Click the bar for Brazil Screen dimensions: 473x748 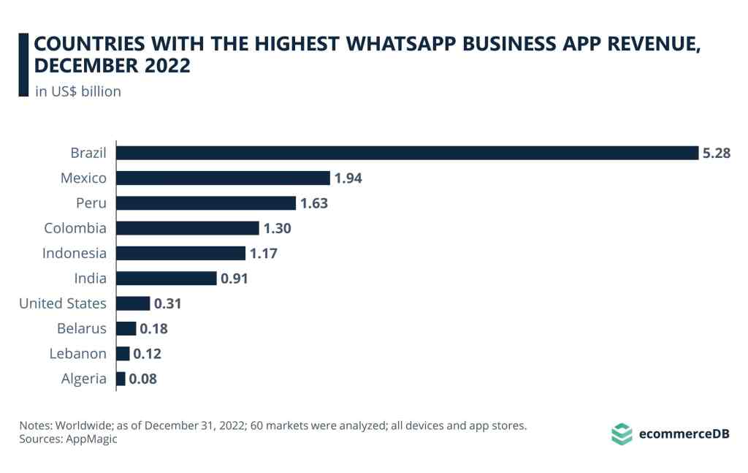coord(407,153)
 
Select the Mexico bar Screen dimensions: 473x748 coord(224,178)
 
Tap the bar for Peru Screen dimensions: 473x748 coord(206,203)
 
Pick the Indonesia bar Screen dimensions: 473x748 coord(181,253)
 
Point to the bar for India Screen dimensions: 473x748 coord(167,279)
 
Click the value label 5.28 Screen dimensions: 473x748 coord(717,154)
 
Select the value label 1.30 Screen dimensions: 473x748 coord(277,229)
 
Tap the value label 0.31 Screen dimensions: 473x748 coord(168,303)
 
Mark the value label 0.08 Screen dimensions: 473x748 coord(143,379)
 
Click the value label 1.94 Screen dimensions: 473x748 coord(348,178)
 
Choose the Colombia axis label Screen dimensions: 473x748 coord(75,228)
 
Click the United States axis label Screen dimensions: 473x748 coord(63,303)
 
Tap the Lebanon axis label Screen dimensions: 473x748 coord(77,354)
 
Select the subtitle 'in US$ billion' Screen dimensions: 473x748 coord(78,91)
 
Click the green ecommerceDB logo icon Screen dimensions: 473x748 coord(621,434)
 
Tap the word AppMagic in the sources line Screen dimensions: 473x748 coord(91,439)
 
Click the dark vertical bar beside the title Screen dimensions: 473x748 coord(23,65)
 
